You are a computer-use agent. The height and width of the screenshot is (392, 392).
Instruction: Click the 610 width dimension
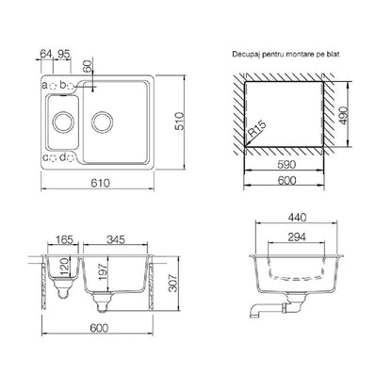coord(101,183)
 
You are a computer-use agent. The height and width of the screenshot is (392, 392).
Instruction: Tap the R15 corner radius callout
coord(257,129)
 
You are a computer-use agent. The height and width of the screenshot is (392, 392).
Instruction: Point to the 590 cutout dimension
coord(286,164)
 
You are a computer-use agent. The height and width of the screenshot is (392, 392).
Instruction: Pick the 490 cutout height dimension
coord(344,115)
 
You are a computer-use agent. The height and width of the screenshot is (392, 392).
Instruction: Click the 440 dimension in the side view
coord(297,217)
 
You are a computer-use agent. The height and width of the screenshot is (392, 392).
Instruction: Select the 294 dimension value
coord(297,237)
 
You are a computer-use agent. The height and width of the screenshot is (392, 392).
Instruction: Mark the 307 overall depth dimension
coord(173,283)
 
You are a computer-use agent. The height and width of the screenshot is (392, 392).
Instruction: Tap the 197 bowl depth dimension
coord(103,272)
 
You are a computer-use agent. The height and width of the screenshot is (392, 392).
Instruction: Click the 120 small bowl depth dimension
coord(64,267)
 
